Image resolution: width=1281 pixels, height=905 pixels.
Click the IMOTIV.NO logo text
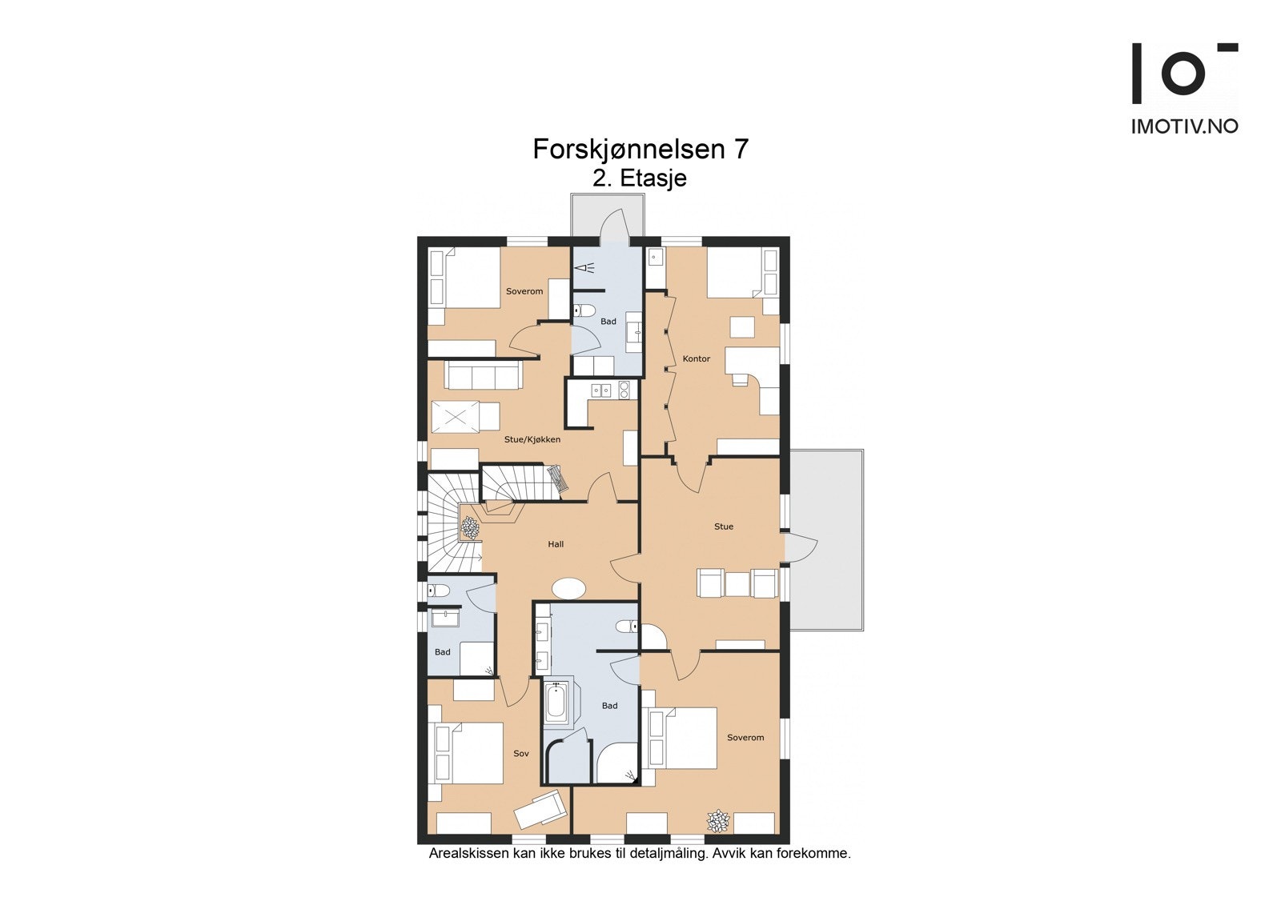1184,126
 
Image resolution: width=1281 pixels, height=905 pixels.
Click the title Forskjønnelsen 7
640,149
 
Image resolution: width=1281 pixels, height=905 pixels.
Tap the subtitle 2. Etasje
640,178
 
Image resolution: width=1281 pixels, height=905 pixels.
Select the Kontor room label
696,358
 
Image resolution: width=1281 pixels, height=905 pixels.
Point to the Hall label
556,544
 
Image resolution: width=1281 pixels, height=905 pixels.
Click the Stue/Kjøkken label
532,439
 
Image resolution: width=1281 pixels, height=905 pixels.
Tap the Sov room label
521,754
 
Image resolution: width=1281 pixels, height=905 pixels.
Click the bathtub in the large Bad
556,702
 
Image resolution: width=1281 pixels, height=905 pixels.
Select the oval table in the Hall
569,589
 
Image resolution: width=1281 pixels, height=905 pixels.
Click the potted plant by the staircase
469,527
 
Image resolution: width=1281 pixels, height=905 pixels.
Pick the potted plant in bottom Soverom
717,820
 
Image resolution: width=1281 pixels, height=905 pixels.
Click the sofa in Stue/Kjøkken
484,374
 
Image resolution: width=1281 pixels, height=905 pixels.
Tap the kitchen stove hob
623,390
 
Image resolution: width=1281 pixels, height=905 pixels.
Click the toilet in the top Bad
583,310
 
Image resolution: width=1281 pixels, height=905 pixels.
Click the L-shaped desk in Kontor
753,368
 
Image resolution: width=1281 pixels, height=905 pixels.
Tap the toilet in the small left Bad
437,591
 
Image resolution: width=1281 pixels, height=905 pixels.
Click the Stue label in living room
723,527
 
